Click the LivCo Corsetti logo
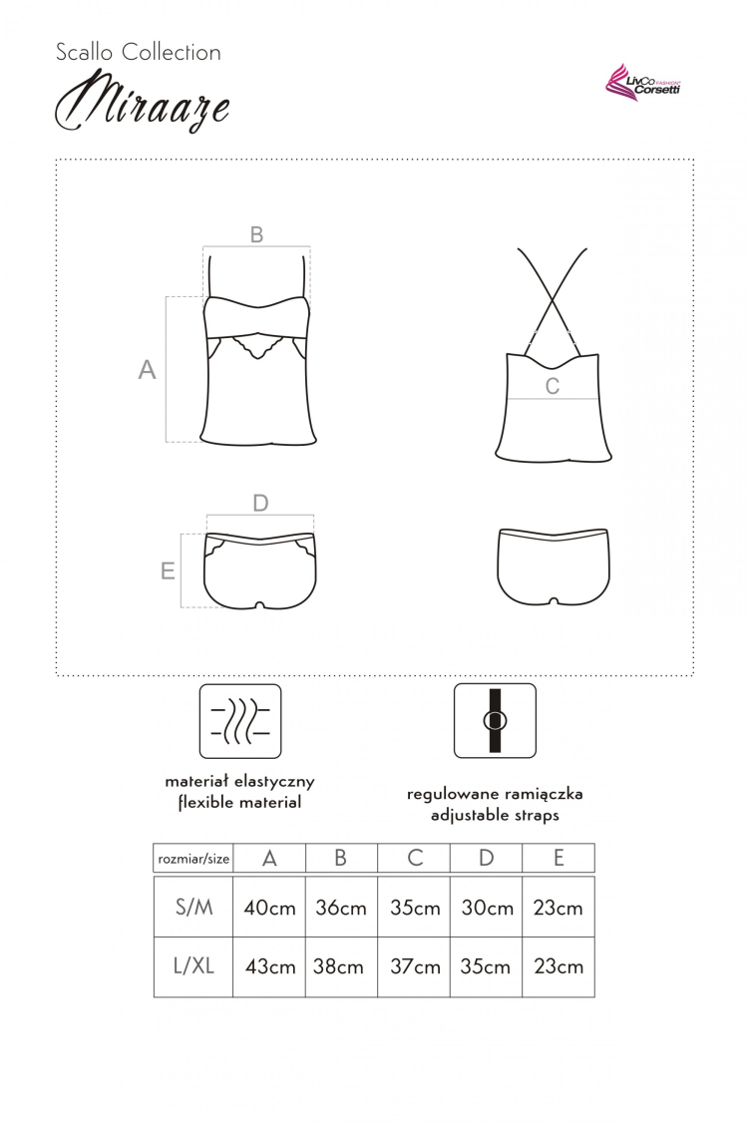[642, 83]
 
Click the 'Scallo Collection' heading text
[139, 52]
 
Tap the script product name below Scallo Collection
[143, 102]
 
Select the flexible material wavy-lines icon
[239, 721]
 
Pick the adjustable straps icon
[495, 720]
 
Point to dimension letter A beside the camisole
[147, 370]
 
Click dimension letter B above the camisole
[256, 234]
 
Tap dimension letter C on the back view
[552, 386]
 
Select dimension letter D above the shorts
[260, 503]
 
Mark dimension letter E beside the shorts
[168, 571]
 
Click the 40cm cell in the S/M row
[269, 908]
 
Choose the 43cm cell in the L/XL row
[270, 966]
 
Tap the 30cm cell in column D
[487, 908]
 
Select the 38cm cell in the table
[338, 966]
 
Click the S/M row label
[193, 908]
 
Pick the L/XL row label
[193, 966]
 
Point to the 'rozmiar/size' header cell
[193, 859]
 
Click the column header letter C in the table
[415, 858]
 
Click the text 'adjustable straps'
[495, 815]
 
